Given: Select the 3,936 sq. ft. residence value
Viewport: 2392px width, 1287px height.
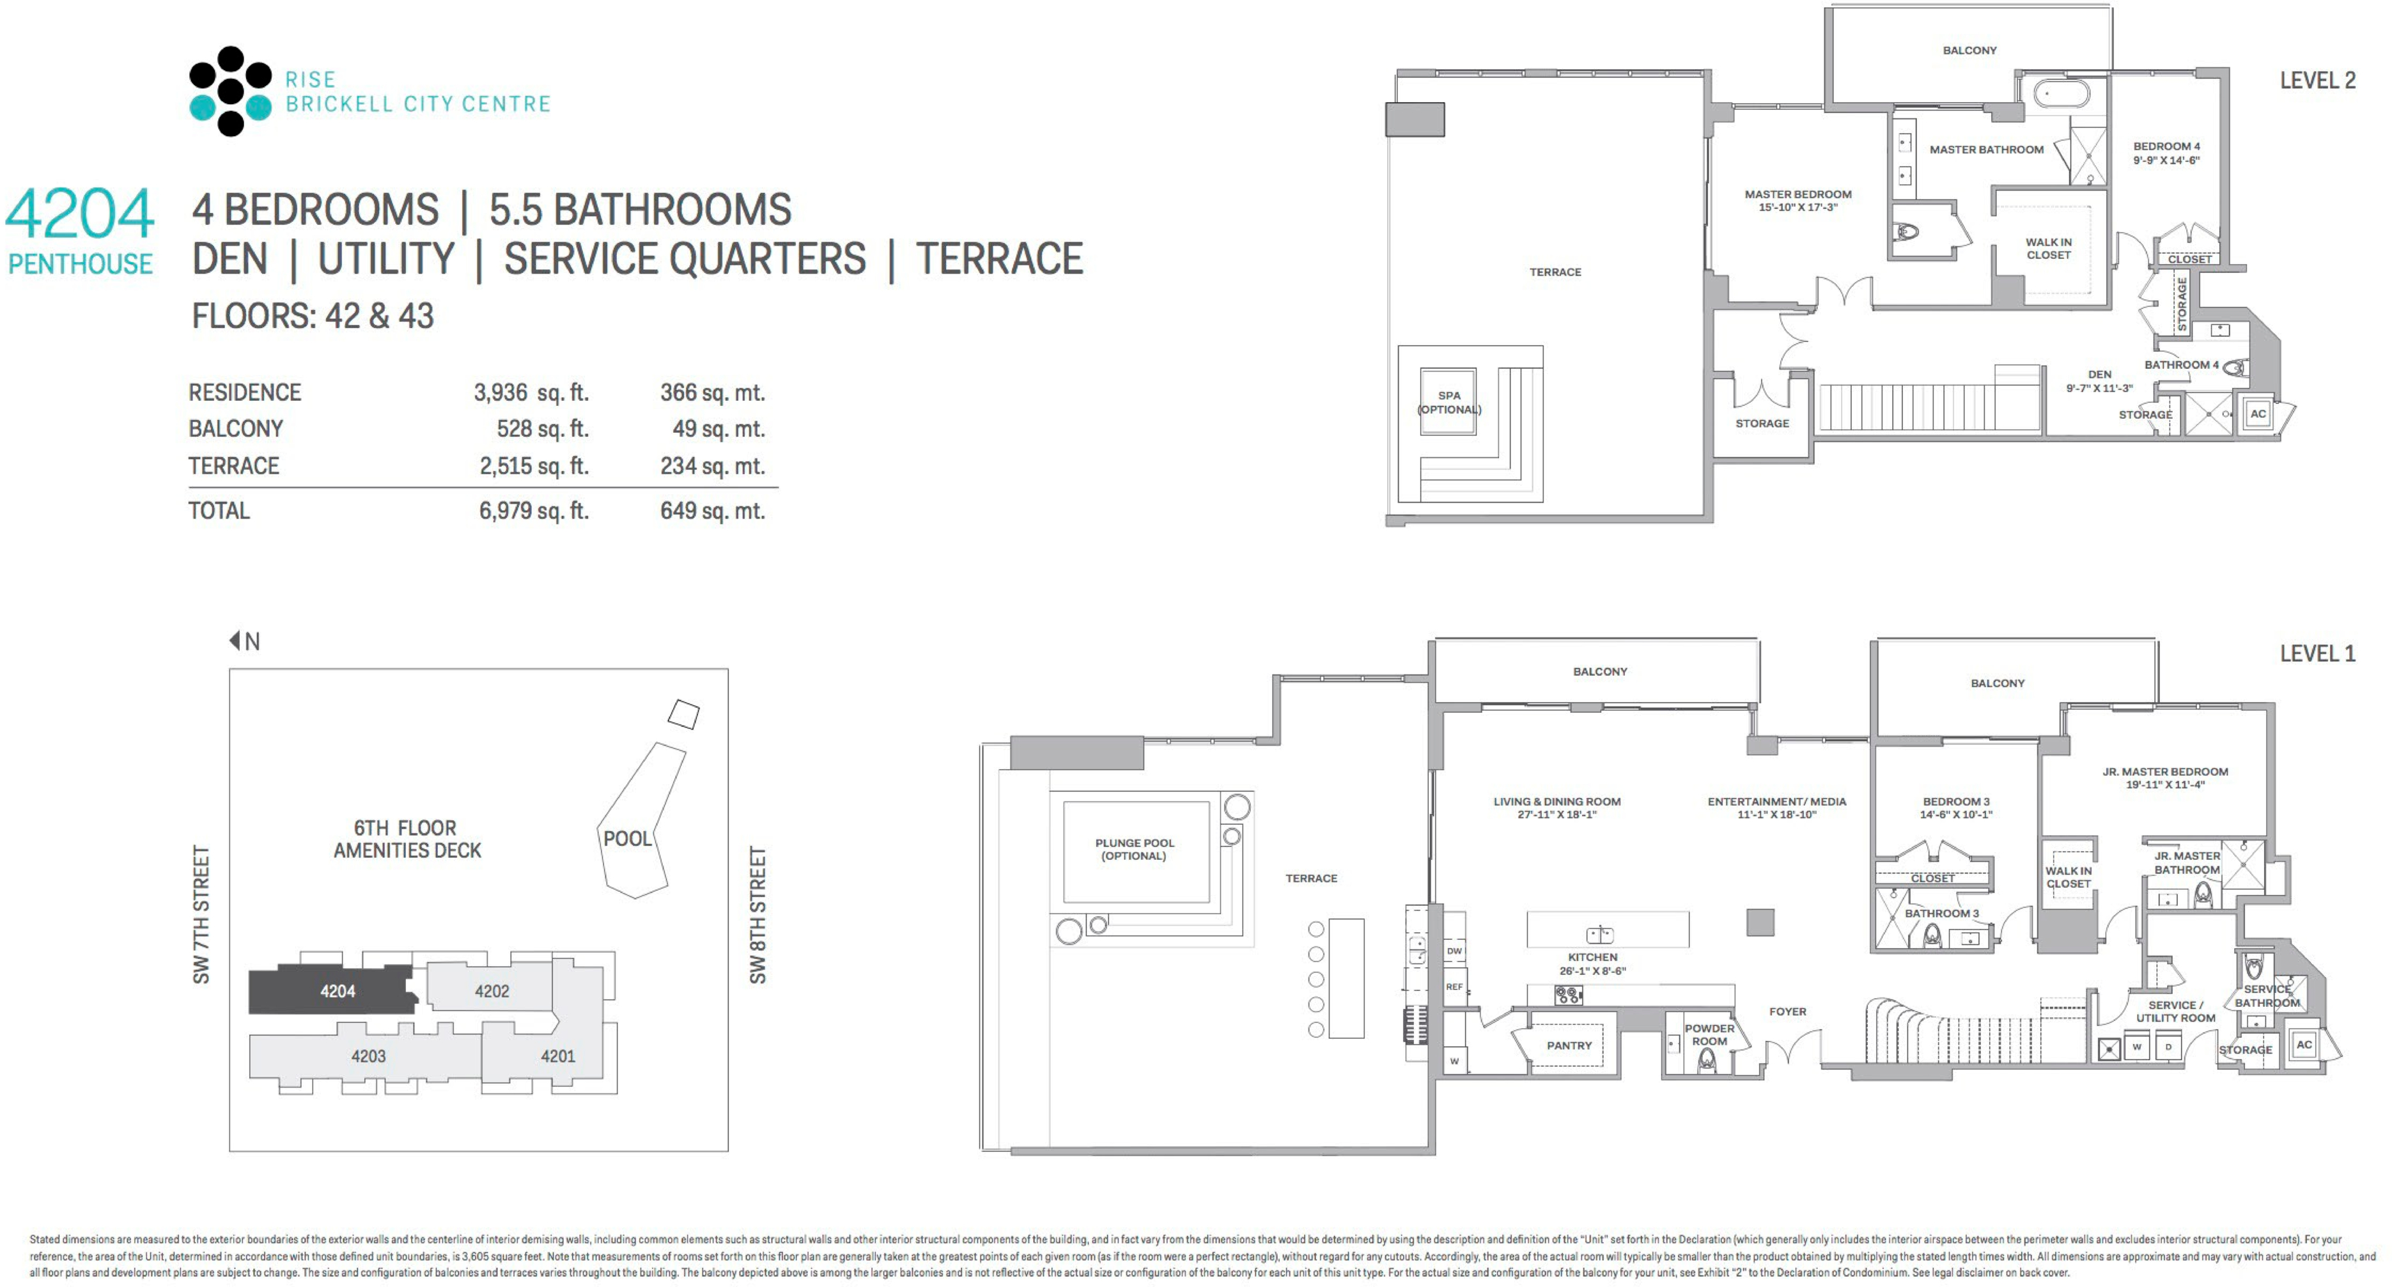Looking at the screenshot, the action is [x=531, y=393].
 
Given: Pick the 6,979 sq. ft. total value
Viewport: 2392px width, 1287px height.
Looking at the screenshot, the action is [x=533, y=511].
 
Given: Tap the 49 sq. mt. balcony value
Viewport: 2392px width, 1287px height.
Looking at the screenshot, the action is [x=718, y=429].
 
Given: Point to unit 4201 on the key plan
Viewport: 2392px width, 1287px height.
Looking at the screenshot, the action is [x=558, y=1056].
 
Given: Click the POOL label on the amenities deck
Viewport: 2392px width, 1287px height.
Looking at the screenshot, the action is [x=628, y=839].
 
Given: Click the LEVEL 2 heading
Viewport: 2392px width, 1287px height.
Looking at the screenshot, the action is [x=2318, y=81].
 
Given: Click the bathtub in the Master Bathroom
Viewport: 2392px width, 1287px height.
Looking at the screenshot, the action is [x=2062, y=94].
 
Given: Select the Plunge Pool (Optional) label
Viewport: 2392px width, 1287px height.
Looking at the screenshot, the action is [x=1134, y=850].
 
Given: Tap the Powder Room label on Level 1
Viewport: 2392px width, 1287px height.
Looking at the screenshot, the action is [x=1709, y=1034].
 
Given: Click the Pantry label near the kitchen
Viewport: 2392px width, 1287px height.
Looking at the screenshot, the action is [x=1569, y=1045].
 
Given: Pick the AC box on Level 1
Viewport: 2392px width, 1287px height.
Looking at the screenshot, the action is [x=2304, y=1045].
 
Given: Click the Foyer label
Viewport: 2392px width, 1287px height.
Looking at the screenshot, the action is [x=1787, y=1011].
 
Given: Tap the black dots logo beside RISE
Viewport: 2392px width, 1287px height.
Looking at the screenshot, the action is [x=230, y=91].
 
